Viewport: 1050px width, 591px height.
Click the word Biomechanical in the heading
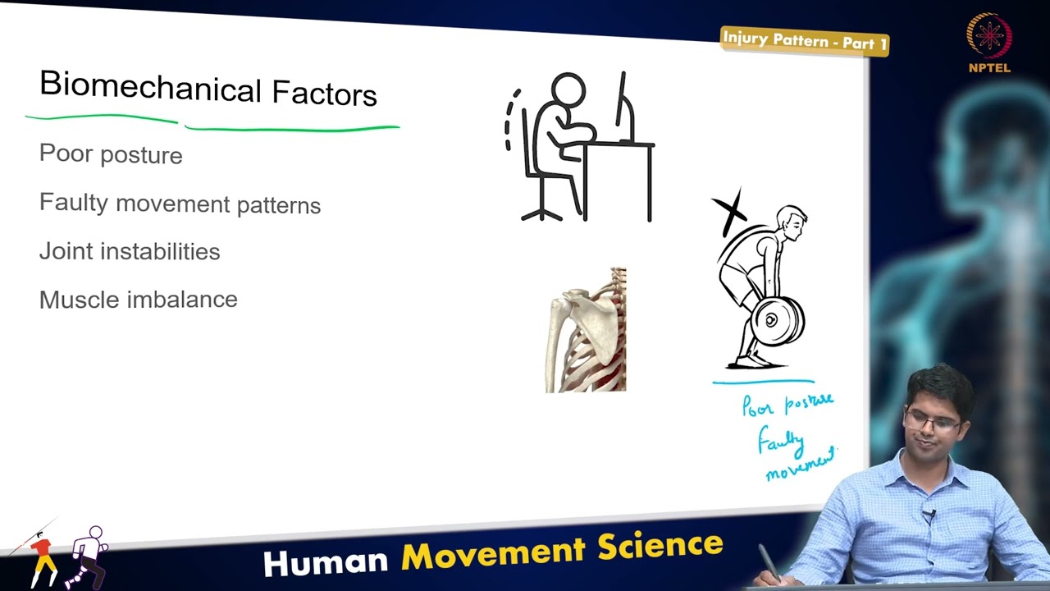pos(149,86)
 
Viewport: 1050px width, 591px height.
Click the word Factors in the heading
pos(324,94)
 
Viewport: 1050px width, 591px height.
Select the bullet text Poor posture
pos(111,154)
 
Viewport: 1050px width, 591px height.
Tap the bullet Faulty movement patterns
pos(180,204)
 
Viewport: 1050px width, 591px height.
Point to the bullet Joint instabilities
pos(130,251)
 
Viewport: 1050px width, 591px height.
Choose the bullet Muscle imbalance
pos(138,300)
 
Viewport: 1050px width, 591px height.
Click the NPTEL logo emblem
pos(988,37)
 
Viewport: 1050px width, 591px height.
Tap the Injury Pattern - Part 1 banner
pos(804,40)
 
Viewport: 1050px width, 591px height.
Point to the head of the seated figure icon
pos(568,90)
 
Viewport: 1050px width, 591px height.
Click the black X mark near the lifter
pos(729,210)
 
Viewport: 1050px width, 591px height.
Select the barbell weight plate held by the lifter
pos(775,321)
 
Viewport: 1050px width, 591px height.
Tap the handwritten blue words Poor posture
pos(787,404)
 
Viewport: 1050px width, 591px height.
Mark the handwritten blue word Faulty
pos(780,442)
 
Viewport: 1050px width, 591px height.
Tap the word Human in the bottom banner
pos(326,561)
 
